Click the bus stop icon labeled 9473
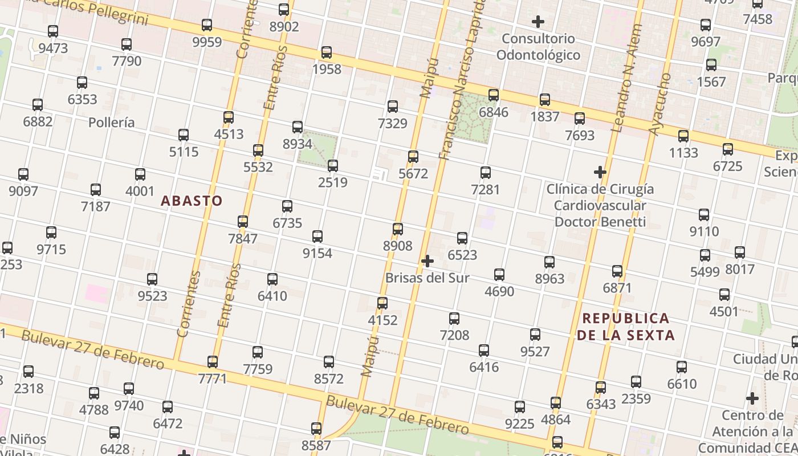tap(53, 31)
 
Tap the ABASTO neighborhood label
tap(192, 201)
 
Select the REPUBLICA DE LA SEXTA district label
tap(626, 327)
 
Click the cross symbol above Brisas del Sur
tap(427, 261)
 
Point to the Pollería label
tap(112, 123)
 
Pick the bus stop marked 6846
tap(494, 95)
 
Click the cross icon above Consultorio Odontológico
tap(538, 22)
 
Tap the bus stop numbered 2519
tap(333, 166)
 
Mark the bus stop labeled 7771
tap(213, 362)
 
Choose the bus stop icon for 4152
tap(382, 303)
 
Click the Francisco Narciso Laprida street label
tap(461, 80)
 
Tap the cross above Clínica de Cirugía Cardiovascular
tap(600, 172)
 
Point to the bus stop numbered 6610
tap(682, 367)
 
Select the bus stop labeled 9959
tap(207, 25)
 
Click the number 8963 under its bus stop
tap(549, 279)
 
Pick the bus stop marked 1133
tap(683, 136)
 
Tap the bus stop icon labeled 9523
tap(152, 279)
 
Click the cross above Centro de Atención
tap(752, 398)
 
